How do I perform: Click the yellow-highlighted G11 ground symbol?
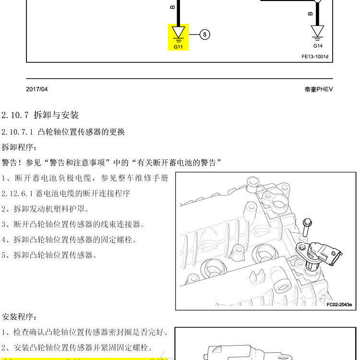[x=178, y=36]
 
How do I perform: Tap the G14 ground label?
[x=318, y=46]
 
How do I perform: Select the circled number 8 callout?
[x=205, y=35]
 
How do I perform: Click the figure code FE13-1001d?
[x=315, y=57]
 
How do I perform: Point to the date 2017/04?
[x=37, y=89]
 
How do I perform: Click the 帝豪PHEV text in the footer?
[x=318, y=89]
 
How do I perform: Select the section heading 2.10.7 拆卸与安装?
[x=40, y=115]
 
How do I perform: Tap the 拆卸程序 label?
[x=19, y=147]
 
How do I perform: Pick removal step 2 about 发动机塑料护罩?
[x=45, y=209]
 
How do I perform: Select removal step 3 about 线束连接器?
[x=72, y=224]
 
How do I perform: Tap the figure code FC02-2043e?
[x=339, y=304]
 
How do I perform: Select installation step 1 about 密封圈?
[x=84, y=332]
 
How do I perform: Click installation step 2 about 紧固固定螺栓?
[x=77, y=348]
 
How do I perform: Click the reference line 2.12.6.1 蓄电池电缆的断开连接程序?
[x=65, y=193]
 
